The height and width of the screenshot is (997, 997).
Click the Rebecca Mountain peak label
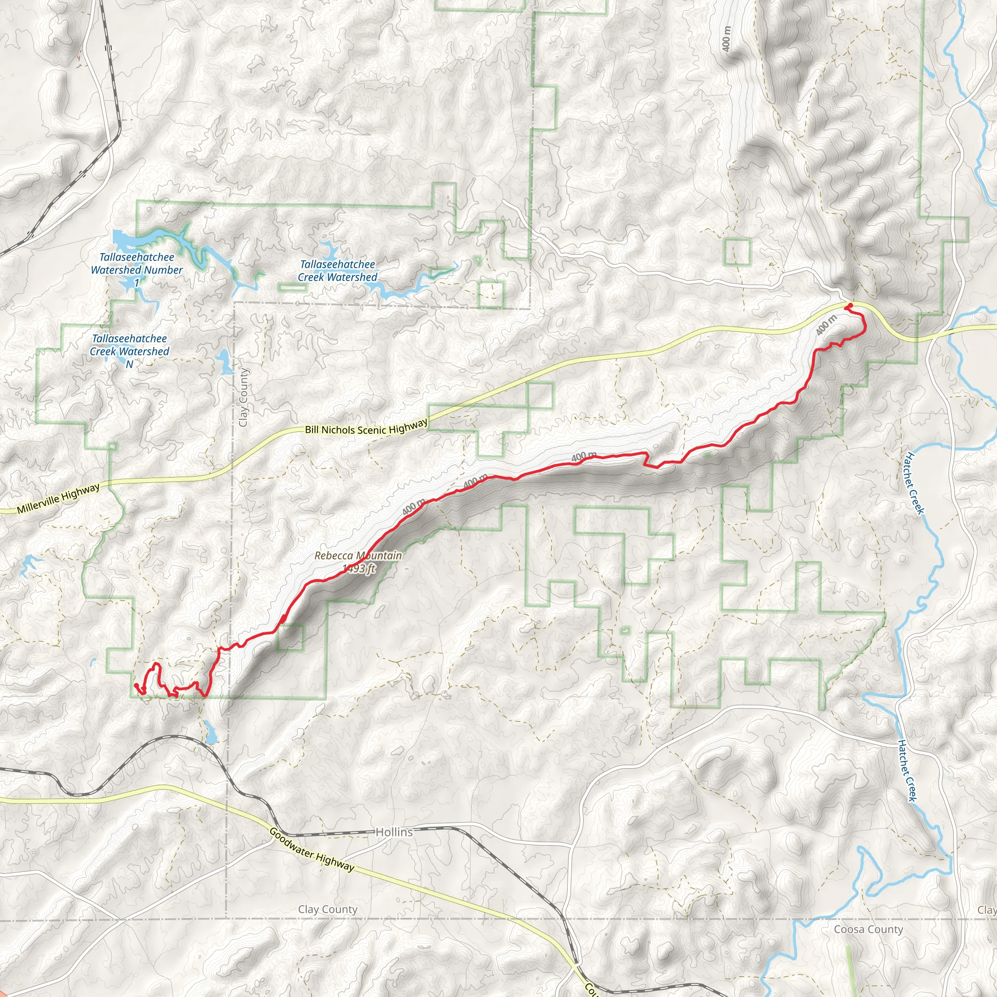(358, 556)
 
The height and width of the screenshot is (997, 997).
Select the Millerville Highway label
(58, 498)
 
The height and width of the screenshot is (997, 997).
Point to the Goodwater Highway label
(312, 849)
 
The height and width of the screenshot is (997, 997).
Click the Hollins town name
(394, 832)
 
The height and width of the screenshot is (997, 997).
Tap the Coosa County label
(868, 929)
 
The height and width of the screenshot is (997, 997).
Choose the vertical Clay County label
(243, 397)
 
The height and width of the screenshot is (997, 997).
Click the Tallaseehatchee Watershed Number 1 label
(137, 269)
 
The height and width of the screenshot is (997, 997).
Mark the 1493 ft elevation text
(359, 569)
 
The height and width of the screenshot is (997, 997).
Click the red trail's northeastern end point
(849, 307)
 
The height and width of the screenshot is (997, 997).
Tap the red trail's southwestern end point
(136, 685)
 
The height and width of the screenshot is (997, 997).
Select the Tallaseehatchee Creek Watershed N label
(129, 351)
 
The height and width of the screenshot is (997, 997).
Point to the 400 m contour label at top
(727, 39)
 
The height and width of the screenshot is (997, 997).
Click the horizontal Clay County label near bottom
(328, 909)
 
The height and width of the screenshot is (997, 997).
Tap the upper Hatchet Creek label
(914, 483)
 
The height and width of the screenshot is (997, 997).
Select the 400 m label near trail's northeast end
(826, 325)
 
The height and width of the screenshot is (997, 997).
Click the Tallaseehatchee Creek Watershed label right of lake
(337, 270)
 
